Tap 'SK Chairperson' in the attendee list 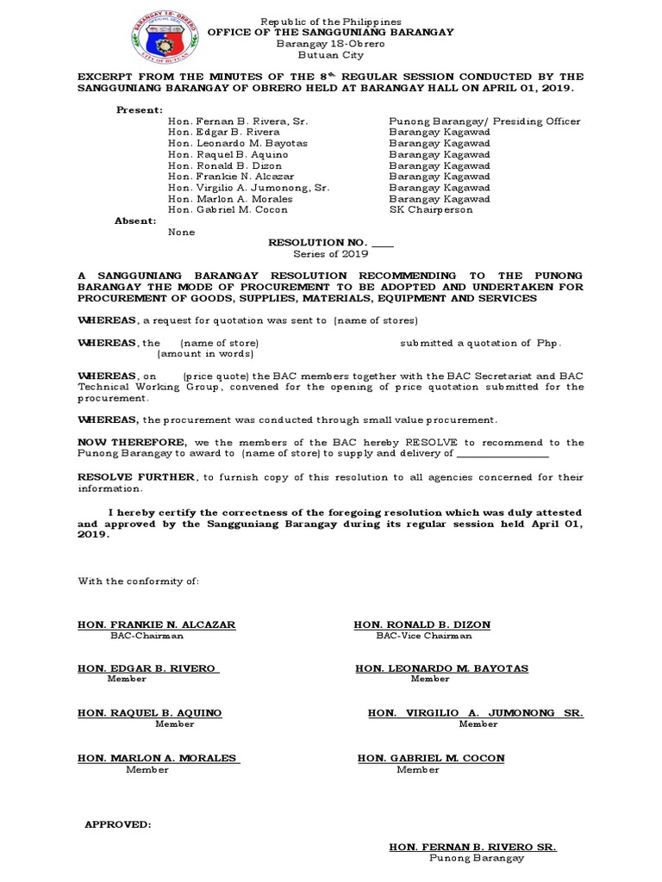coord(431,209)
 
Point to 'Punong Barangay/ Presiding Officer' coord(484,121)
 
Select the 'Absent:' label coord(135,220)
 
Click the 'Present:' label coord(139,110)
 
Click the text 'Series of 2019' coord(331,254)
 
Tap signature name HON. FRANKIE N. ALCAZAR coord(157,624)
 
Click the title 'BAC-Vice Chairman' coord(423,636)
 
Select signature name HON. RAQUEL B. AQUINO coord(150,713)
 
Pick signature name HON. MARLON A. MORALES coord(157,758)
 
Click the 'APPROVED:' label coord(117,824)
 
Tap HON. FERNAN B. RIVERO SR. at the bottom coord(472,848)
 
